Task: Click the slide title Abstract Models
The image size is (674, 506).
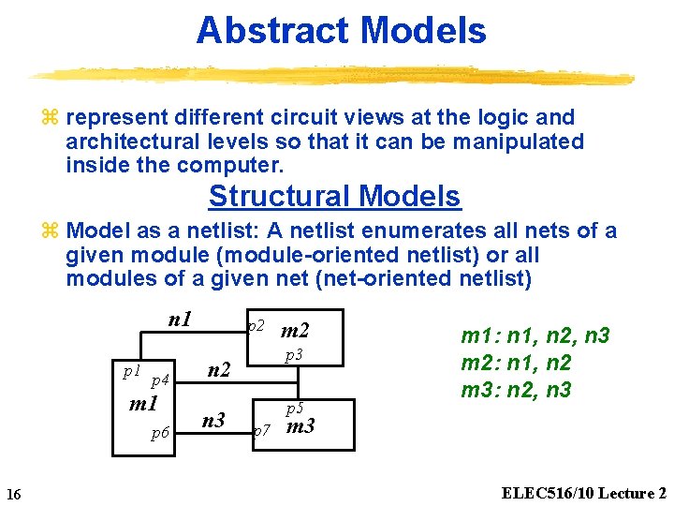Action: tap(341, 31)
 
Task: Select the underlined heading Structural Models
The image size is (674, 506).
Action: tap(334, 197)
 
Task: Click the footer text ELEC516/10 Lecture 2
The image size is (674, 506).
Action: tap(584, 493)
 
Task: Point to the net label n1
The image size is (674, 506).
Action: tap(180, 320)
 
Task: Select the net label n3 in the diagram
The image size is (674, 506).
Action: tap(214, 420)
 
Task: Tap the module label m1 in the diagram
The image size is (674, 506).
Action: tap(143, 405)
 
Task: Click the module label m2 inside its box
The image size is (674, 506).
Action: tap(295, 330)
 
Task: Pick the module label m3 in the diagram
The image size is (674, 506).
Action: tap(300, 428)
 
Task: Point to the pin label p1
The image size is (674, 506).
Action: tap(132, 371)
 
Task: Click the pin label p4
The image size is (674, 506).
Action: tap(159, 379)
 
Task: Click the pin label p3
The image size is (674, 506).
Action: tap(294, 355)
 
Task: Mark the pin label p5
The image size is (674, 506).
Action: tap(294, 409)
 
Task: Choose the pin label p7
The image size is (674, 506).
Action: tap(262, 430)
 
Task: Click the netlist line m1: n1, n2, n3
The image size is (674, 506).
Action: tap(535, 336)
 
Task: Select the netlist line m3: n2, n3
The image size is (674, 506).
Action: tap(517, 390)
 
